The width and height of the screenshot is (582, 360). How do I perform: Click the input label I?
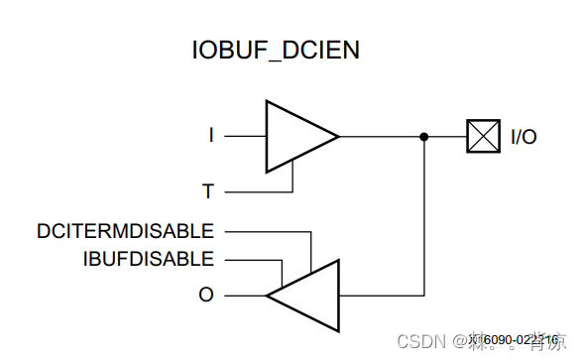pos(210,136)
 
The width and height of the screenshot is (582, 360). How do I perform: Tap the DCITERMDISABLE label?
pos(125,231)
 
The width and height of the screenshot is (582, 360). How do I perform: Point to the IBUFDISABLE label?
pos(149,260)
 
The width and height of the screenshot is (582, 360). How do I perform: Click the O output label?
pos(206,295)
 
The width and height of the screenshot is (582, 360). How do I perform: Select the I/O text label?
pos(524,137)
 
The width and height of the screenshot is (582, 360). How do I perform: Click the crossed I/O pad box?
pos(483,137)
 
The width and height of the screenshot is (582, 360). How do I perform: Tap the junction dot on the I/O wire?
pos(424,137)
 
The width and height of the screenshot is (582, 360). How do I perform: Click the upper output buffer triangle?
pos(295,136)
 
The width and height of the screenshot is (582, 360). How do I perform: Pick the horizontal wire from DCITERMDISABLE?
pos(263,231)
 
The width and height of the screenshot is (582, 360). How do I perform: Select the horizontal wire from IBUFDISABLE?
pos(253,261)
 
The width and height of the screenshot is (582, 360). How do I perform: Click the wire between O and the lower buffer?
pos(244,295)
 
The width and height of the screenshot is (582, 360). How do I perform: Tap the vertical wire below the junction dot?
pos(424,218)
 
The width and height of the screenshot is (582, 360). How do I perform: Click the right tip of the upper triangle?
pos(338,136)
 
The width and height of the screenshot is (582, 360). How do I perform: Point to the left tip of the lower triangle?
pos(267,295)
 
